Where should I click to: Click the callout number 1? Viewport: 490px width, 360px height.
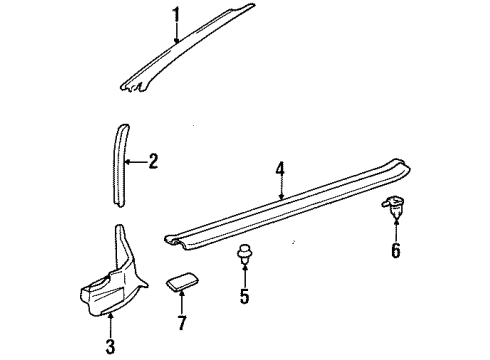(x=175, y=15)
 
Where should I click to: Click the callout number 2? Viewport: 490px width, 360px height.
(x=153, y=160)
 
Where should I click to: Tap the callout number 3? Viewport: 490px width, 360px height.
(x=110, y=346)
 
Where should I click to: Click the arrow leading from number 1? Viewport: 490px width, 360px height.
(x=175, y=33)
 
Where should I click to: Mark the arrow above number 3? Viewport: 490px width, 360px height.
(x=110, y=325)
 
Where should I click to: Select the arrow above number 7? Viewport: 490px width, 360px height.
(x=181, y=303)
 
